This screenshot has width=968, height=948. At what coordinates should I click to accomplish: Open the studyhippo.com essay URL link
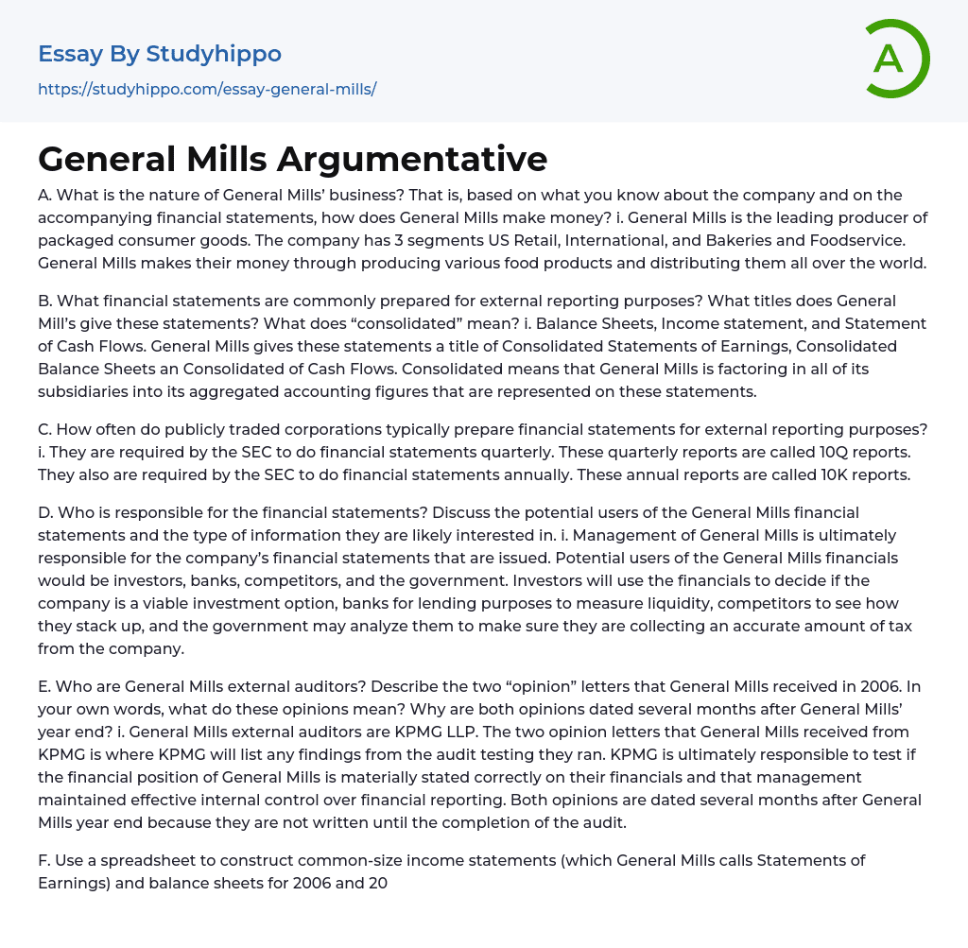pyautogui.click(x=207, y=89)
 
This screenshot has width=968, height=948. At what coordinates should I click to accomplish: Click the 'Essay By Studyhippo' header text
pyautogui.click(x=160, y=54)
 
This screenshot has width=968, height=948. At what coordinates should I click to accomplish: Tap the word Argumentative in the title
pyautogui.click(x=412, y=159)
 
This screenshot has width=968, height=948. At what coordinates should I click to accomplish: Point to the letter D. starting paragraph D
pyautogui.click(x=45, y=512)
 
